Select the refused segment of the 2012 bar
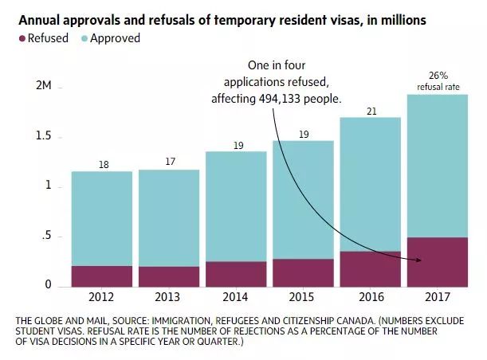102,276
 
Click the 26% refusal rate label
438,80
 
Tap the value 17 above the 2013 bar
169,161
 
